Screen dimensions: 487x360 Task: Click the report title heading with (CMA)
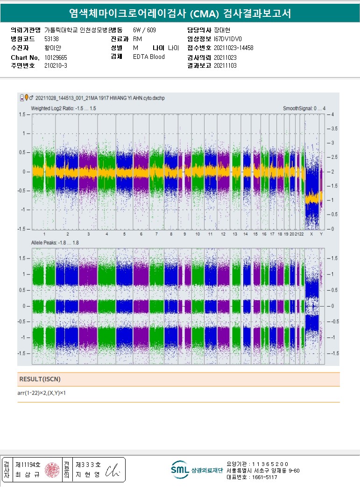click(x=180, y=14)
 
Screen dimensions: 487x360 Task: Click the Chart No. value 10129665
click(x=56, y=57)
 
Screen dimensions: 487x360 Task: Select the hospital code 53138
click(x=51, y=39)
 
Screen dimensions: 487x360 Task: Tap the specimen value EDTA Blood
click(x=148, y=57)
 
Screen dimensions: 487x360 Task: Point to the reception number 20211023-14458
click(x=233, y=48)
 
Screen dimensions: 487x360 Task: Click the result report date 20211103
click(x=225, y=66)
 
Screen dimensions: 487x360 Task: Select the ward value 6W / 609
click(x=144, y=30)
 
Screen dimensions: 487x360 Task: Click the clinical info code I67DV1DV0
click(x=227, y=39)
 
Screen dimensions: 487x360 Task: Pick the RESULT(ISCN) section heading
click(x=40, y=379)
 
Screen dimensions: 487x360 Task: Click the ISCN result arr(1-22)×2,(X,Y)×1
click(x=42, y=393)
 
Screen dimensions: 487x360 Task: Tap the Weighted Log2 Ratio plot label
click(x=64, y=108)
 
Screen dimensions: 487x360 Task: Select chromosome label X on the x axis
click(x=311, y=234)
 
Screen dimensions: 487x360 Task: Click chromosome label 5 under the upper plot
click(x=124, y=234)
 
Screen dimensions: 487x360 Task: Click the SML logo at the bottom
click(x=179, y=469)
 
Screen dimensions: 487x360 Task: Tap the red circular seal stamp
click(x=52, y=470)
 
